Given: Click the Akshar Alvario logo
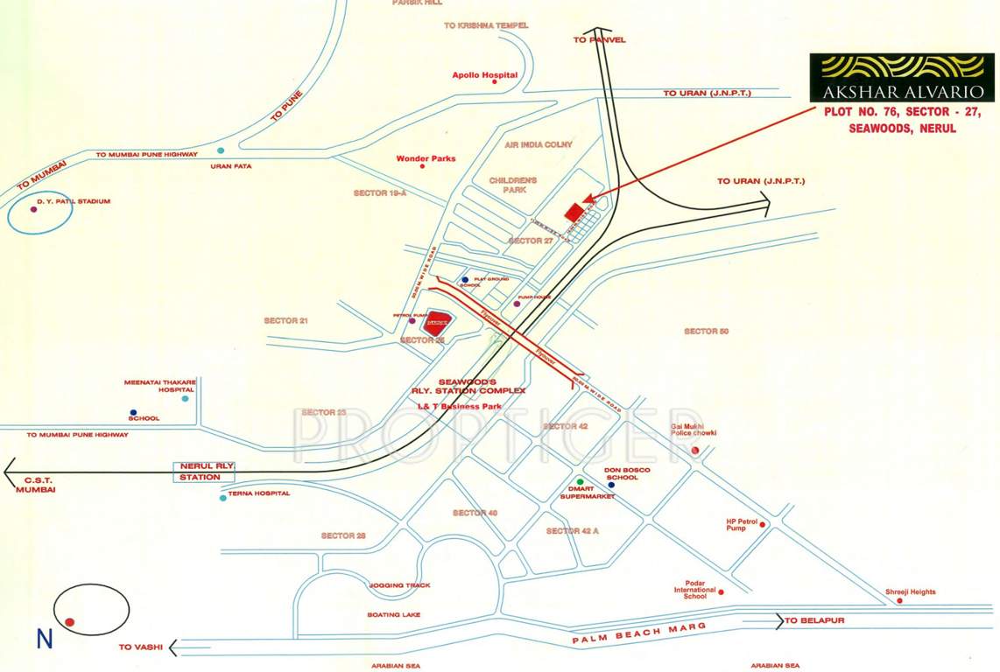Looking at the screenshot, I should coord(901,77).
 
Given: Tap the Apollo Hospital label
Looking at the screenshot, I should coord(484,75).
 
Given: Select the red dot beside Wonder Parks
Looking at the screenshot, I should coord(422,166).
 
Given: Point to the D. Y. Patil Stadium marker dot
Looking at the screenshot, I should coord(34,209).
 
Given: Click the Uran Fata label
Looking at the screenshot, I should coord(225,165).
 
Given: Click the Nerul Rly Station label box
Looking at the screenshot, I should coord(205,472).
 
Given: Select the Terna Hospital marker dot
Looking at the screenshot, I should coord(223,497).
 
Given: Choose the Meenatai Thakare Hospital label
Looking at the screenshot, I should coord(159,386).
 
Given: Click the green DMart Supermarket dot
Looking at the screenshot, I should coord(580,482).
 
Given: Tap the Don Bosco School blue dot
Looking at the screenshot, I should coord(611,485).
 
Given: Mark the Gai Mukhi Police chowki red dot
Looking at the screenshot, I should coord(695,450).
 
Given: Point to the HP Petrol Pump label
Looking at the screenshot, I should coord(740,525).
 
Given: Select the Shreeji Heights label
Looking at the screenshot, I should coord(910,592).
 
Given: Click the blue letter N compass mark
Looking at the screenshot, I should coord(44,640).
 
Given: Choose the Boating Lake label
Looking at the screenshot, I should coord(393,615).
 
